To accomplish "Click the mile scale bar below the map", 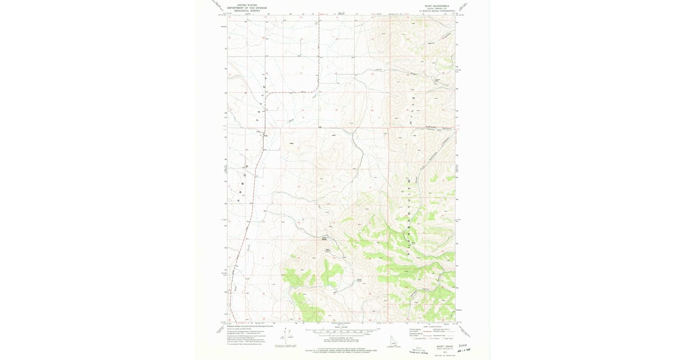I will point(340,330).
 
